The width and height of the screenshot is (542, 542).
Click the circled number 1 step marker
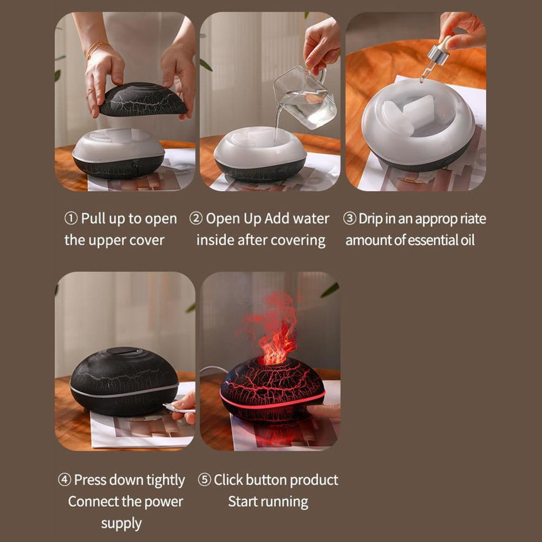pyautogui.click(x=71, y=219)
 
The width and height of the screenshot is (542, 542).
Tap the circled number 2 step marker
pyautogui.click(x=195, y=219)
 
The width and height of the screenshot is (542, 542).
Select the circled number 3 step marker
pyautogui.click(x=350, y=219)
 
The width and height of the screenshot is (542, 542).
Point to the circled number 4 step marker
pyautogui.click(x=64, y=480)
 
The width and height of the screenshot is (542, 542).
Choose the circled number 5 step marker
pyautogui.click(x=204, y=480)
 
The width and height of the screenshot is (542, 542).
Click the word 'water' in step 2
pyautogui.click(x=311, y=219)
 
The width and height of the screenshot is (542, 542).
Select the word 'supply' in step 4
pyautogui.click(x=121, y=523)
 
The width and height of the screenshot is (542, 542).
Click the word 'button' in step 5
pyautogui.click(x=267, y=480)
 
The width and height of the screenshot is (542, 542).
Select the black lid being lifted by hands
pyautogui.click(x=142, y=100)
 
